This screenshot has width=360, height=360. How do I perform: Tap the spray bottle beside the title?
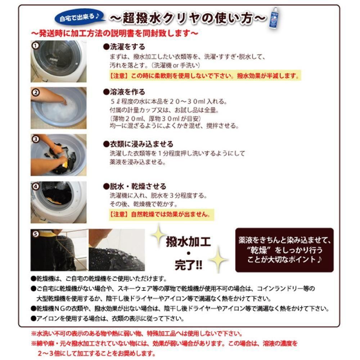[274, 18]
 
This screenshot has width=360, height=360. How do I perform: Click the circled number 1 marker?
[35, 45]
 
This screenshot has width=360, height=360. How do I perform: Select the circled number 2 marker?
[36, 93]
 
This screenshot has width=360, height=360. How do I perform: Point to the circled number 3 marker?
[36, 139]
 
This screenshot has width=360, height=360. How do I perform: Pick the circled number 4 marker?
[36, 186]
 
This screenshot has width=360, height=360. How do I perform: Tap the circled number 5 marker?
[36, 234]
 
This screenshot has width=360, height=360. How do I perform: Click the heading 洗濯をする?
[124, 47]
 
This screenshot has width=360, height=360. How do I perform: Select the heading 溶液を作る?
[124, 92]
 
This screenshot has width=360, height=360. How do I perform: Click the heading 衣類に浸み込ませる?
[138, 144]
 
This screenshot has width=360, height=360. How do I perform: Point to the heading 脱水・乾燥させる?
[135, 186]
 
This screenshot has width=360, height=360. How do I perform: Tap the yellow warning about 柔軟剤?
[205, 76]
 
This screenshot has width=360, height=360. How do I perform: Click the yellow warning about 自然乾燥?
[161, 215]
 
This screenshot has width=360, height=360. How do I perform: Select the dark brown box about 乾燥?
[284, 250]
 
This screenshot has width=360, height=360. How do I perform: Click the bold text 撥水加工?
[188, 242]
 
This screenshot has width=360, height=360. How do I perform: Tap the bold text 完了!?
[189, 265]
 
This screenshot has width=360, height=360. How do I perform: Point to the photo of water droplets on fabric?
[117, 250]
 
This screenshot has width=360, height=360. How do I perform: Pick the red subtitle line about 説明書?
[114, 33]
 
